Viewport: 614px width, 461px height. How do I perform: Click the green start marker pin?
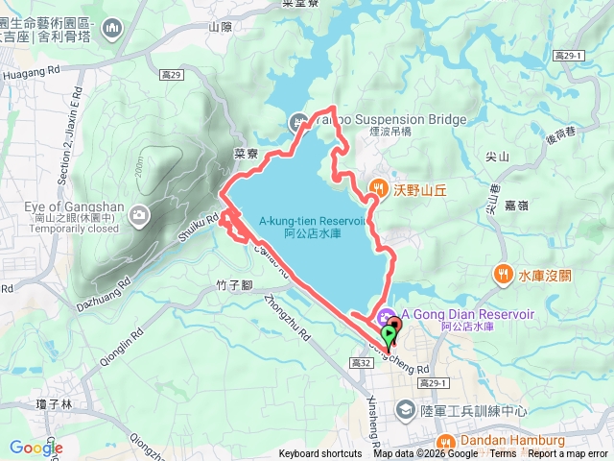[388, 335]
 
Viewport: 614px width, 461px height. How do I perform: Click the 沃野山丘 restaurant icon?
[379, 189]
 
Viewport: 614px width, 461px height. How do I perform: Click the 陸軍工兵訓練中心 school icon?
[406, 411]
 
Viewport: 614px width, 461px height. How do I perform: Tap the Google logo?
[35, 448]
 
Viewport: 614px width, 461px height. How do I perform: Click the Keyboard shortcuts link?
[320, 454]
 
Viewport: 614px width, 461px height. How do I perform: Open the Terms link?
[503, 454]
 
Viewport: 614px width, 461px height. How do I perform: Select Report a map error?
[568, 454]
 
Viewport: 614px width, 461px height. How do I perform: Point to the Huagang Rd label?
[33, 69]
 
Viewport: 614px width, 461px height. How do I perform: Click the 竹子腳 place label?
[234, 285]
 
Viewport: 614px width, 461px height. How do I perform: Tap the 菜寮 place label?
[247, 153]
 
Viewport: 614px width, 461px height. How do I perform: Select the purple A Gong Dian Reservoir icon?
[386, 315]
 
